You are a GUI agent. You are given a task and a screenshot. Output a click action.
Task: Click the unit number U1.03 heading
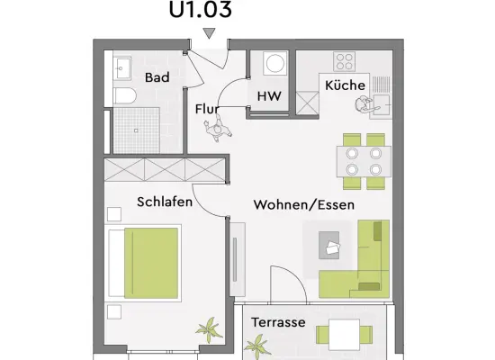tap(201, 10)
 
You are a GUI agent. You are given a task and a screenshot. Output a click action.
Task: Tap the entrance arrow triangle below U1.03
tap(209, 32)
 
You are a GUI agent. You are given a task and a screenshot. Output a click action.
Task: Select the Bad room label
tap(157, 77)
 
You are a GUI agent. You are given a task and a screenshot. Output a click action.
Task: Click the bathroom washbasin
tap(121, 67)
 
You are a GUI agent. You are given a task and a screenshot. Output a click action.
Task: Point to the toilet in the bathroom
tap(124, 96)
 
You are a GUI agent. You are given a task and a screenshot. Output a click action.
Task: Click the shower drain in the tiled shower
tap(136, 130)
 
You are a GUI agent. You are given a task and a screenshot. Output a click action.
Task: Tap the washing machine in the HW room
tap(275, 63)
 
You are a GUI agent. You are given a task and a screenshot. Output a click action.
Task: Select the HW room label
tap(269, 96)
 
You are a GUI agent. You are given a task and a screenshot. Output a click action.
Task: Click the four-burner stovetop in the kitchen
tap(345, 61)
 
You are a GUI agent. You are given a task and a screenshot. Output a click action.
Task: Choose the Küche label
tap(345, 85)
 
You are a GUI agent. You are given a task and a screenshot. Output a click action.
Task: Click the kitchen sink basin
tap(382, 104)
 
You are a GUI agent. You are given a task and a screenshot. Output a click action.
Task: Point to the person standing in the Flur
tap(218, 128)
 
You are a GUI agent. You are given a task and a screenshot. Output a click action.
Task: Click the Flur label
tap(207, 109)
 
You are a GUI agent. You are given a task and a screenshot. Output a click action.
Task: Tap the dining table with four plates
tap(364, 161)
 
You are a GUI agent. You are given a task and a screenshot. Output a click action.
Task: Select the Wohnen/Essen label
tap(303, 204)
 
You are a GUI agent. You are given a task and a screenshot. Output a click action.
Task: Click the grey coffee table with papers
tap(328, 245)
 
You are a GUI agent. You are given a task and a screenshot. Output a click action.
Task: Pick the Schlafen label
tap(165, 202)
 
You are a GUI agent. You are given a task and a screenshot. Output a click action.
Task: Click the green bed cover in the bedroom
tap(151, 263)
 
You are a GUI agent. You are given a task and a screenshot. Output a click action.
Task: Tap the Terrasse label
tap(278, 322)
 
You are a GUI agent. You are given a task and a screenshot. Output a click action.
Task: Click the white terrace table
tap(344, 335)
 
